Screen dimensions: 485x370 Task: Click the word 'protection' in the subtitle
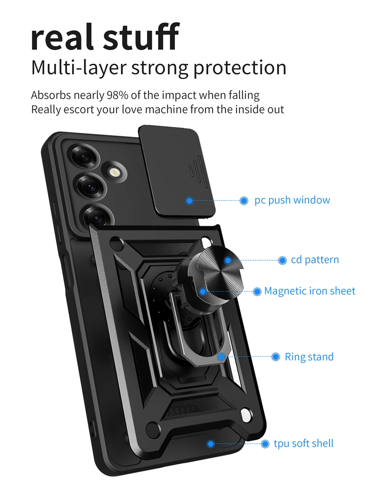click(x=240, y=68)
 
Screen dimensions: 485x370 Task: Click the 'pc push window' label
click(x=292, y=200)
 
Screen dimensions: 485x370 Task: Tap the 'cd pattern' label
click(x=314, y=260)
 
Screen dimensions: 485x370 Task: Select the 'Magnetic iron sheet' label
click(x=309, y=291)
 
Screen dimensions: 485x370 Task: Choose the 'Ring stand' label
click(x=309, y=357)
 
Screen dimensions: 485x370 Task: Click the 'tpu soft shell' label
click(x=303, y=443)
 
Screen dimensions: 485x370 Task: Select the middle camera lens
click(x=89, y=187)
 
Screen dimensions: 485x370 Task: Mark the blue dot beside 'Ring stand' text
click(x=276, y=356)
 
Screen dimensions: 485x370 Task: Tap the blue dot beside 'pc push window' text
click(x=244, y=201)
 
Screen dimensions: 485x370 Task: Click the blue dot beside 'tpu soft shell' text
click(x=265, y=444)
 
